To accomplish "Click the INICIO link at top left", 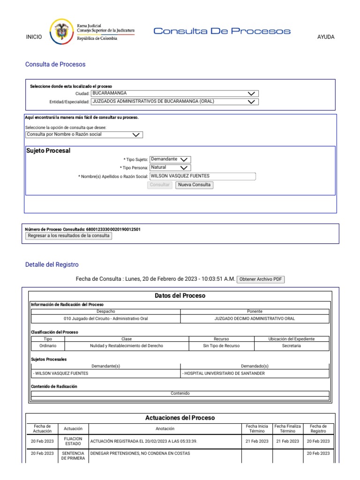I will [x=34, y=37].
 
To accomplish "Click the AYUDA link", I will [x=326, y=37].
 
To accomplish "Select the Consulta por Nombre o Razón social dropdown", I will [x=84, y=135].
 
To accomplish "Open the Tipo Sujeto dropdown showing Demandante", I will [x=170, y=159].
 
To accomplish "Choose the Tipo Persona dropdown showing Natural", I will [x=170, y=167].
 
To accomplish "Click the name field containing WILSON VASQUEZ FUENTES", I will [x=202, y=176].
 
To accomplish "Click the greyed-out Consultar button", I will [x=159, y=185].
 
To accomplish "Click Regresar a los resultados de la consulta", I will [x=68, y=236].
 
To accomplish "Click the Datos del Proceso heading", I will [x=180, y=296].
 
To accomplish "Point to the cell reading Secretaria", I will [x=292, y=346].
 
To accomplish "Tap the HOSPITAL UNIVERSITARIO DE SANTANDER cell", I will [x=255, y=374].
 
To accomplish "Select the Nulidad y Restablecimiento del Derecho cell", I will [x=127, y=346].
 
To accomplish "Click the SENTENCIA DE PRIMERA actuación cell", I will [x=73, y=456].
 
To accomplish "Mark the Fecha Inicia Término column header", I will [x=257, y=428].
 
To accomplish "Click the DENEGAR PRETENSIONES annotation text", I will [x=141, y=454].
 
